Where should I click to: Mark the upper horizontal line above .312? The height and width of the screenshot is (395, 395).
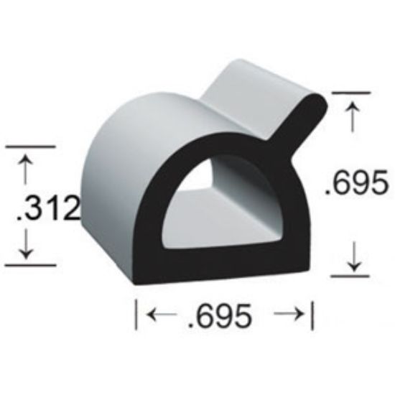30,147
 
